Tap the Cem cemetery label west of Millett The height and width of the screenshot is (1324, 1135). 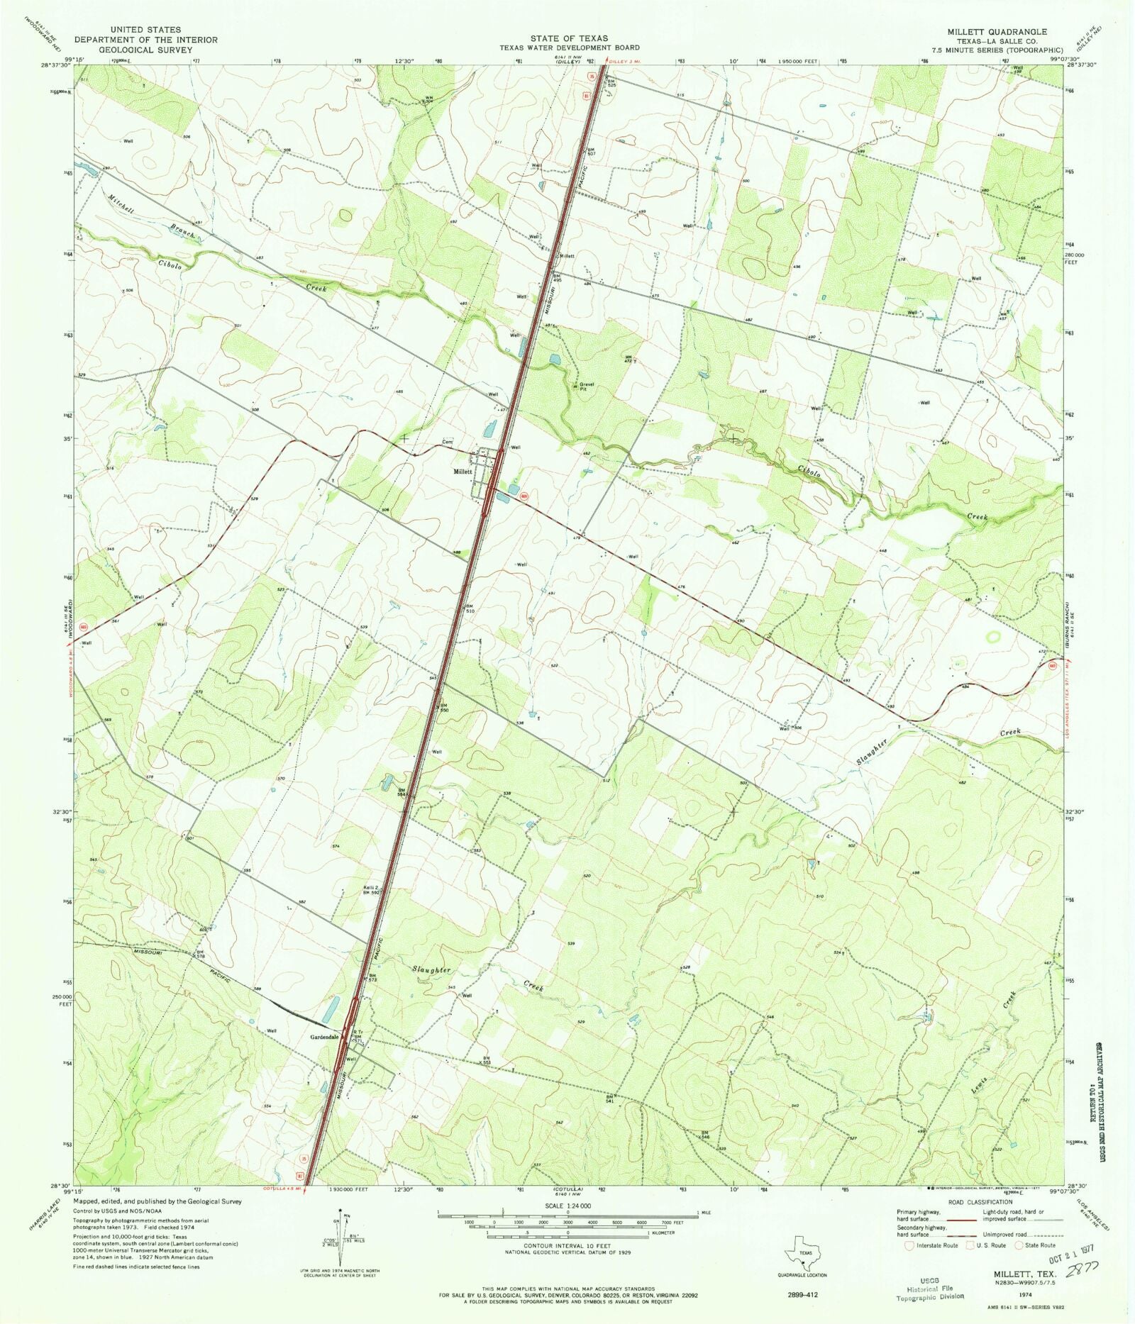point(447,443)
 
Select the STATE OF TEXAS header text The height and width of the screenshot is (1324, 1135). point(568,38)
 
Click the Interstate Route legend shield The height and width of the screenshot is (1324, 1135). point(909,1245)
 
